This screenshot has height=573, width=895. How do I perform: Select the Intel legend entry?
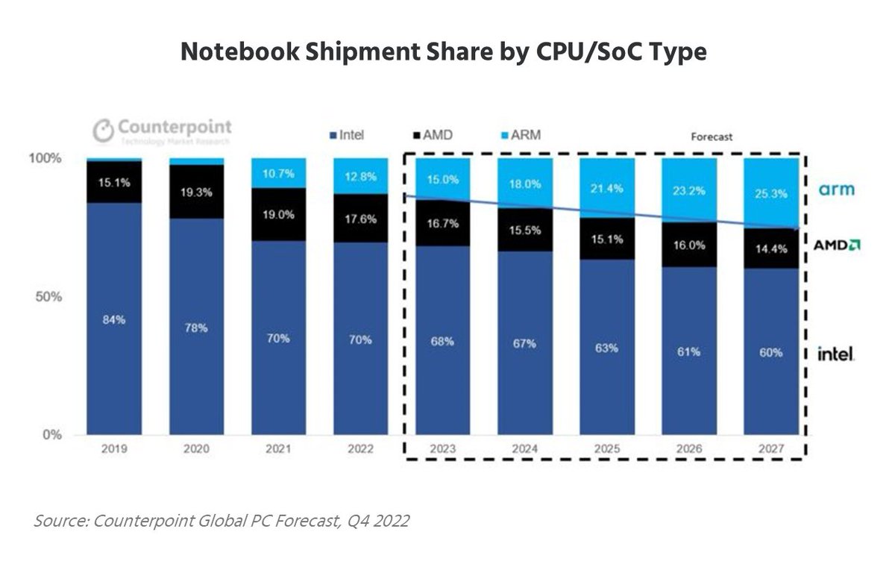coord(347,136)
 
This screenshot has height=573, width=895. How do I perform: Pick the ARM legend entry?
coord(519,136)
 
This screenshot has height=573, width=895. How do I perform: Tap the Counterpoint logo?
coord(162,130)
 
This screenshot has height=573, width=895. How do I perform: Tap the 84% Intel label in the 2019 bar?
coord(113,320)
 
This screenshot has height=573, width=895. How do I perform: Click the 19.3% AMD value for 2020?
coord(196,192)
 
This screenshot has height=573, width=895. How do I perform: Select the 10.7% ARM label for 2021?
coord(278,173)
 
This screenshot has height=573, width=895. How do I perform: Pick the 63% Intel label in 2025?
coord(606,348)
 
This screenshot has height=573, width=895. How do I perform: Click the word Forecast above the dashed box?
coord(711,137)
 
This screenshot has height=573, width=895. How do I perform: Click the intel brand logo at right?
coord(836,354)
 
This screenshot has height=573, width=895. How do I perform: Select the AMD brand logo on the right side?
coord(837,245)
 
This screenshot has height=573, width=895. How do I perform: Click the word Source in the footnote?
coord(60,521)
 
